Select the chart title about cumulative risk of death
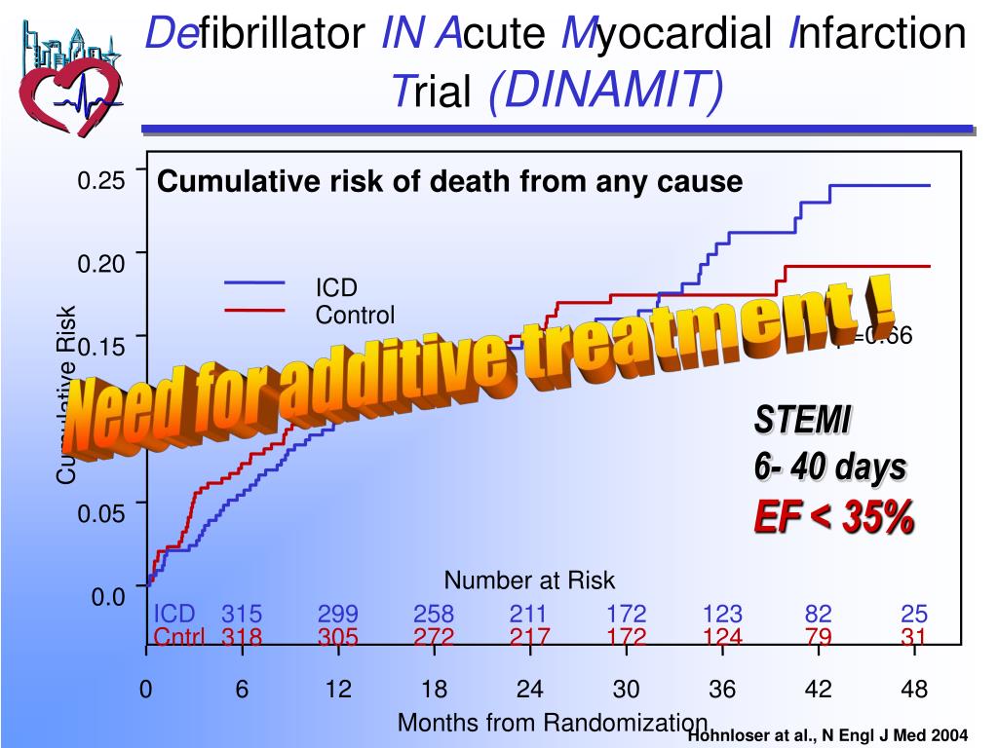450,182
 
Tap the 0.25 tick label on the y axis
101,181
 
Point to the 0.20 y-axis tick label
101,265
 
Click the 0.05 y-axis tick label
101,513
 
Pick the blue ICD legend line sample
254,283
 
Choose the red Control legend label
355,315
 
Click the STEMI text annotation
802,421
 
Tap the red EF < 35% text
833,517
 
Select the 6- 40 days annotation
829,467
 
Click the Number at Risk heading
529,580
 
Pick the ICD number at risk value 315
242,615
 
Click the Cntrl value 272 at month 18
434,638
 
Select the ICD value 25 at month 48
914,615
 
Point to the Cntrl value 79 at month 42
818,638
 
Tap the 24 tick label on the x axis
529,690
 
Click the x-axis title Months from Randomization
552,723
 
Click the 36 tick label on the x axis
722,690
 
